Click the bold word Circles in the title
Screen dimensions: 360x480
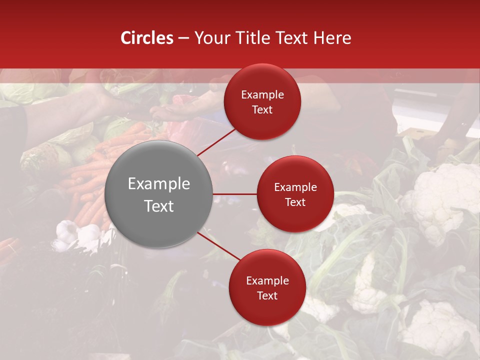[x=147, y=38]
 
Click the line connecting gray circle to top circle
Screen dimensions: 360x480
[x=217, y=141]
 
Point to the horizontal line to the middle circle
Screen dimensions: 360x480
[x=235, y=194]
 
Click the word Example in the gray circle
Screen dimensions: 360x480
[x=159, y=184]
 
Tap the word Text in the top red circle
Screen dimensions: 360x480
[x=262, y=110]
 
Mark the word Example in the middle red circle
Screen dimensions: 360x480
[x=295, y=187]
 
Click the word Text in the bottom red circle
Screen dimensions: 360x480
[x=267, y=295]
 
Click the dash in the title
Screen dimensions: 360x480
[x=183, y=38]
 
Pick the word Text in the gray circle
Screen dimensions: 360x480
[x=159, y=206]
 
